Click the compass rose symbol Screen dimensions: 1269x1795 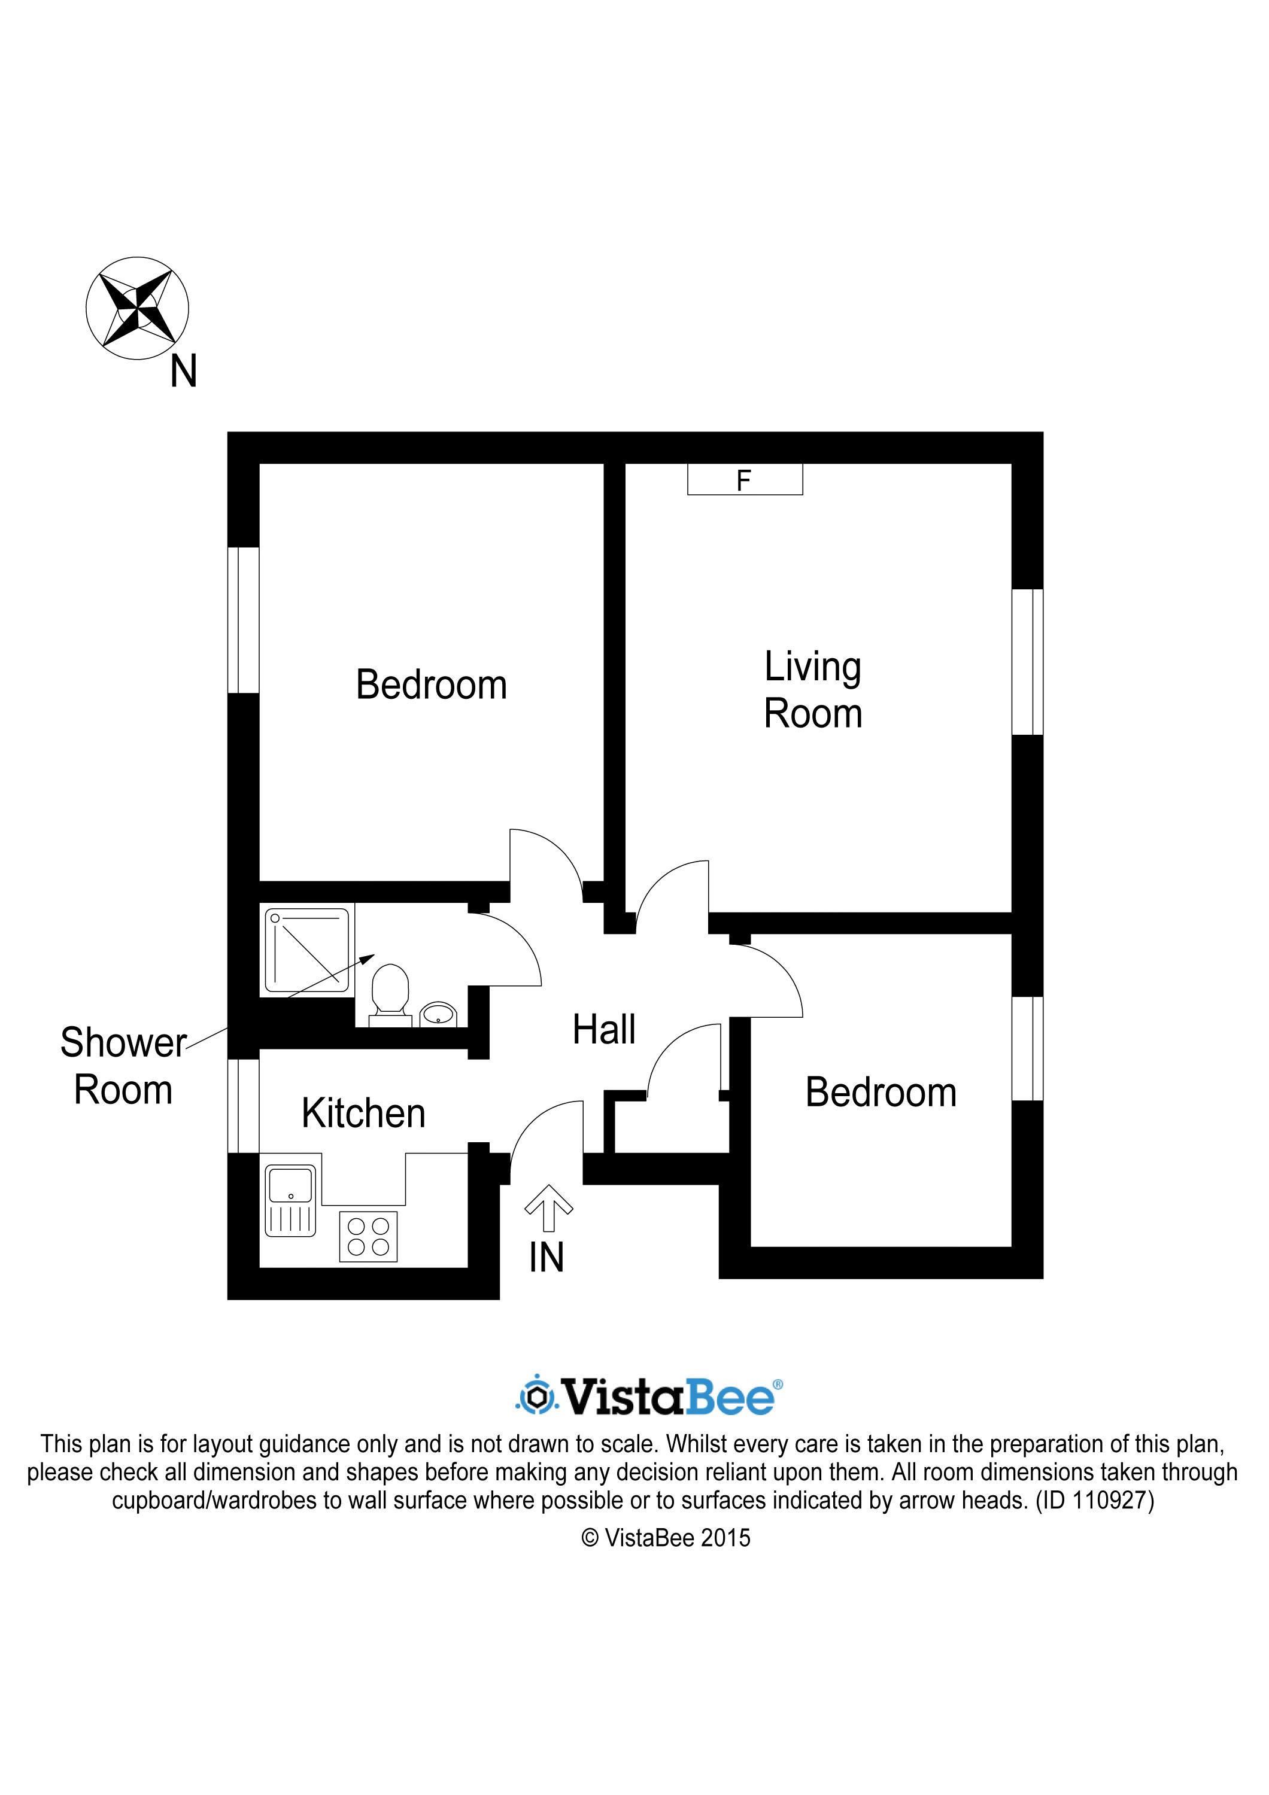coord(137,308)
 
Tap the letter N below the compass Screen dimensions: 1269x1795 coord(184,372)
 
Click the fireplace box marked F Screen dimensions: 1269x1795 coord(745,479)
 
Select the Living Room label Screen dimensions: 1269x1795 coord(813,690)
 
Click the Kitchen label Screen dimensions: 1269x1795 coord(363,1113)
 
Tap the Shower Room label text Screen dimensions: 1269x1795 coord(123,1066)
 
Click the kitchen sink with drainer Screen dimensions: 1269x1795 coord(291,1201)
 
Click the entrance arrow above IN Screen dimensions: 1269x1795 coord(548,1208)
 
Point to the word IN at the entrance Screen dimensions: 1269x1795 coord(547,1258)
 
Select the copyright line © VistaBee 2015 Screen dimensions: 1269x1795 coord(666,1538)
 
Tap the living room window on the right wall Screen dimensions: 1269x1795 coord(1027,662)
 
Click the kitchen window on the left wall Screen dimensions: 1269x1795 coord(243,1106)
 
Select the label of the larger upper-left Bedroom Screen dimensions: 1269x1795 coord(432,685)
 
